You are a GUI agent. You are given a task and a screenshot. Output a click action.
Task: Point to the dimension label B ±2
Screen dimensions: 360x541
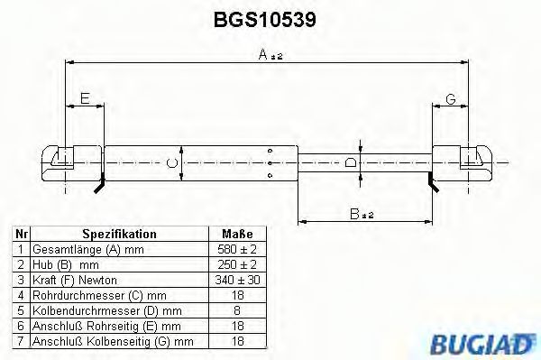point(362,213)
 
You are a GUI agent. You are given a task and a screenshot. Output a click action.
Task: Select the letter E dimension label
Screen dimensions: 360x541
point(84,99)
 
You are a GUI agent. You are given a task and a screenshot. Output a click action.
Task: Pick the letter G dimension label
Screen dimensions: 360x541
point(450,99)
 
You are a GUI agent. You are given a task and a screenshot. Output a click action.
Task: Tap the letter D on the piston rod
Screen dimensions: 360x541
point(351,162)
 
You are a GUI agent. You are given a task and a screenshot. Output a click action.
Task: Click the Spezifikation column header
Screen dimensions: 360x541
point(119,233)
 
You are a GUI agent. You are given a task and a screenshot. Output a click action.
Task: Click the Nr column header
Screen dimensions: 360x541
point(21,233)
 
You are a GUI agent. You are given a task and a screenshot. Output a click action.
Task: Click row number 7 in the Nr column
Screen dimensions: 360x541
point(21,341)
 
